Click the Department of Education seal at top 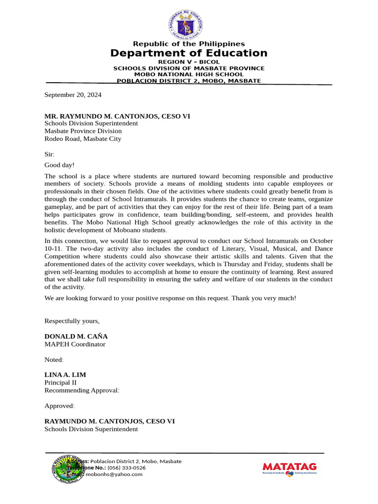click(x=189, y=23)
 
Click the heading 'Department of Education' click(x=189, y=53)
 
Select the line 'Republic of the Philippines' click(x=189, y=44)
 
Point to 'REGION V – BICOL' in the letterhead click(x=189, y=62)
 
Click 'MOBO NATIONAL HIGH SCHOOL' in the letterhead click(x=189, y=74)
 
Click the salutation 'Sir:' click(x=50, y=155)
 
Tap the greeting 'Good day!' click(x=60, y=165)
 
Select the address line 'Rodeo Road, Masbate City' click(x=83, y=139)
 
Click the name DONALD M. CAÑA click(x=76, y=337)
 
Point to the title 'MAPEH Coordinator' click(x=75, y=345)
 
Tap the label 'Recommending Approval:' click(x=82, y=390)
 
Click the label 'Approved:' click(x=60, y=406)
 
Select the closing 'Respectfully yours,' click(x=72, y=321)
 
